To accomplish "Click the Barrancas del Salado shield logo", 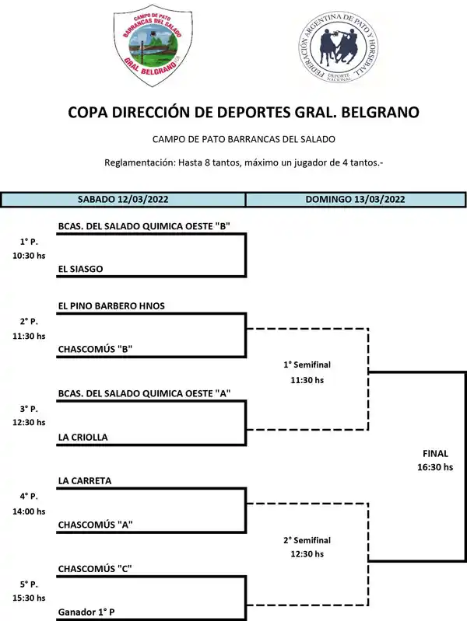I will click(152, 47).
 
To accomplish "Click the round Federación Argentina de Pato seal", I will click(339, 50).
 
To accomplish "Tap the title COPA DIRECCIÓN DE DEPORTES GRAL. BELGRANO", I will click(244, 112).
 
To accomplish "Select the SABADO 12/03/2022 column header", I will click(123, 199).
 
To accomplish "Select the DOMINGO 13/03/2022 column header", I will click(355, 199).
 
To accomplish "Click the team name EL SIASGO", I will click(81, 269).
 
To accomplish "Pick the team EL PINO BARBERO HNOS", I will click(111, 305).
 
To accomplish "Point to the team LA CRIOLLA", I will click(83, 437).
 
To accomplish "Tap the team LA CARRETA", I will click(85, 480).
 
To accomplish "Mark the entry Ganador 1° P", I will click(86, 612).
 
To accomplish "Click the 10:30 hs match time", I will click(29, 255).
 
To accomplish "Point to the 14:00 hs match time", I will click(29, 511).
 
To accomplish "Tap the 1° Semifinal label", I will click(307, 365).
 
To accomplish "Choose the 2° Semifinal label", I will click(307, 540).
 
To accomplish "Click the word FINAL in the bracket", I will click(435, 452).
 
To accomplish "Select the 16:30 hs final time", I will click(435, 467).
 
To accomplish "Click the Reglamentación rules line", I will click(244, 162).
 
